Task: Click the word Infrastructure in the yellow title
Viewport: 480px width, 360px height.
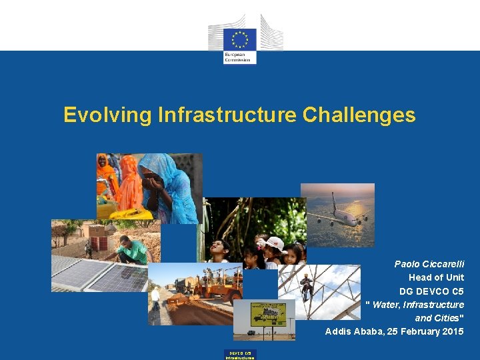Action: pyautogui.click(x=227, y=115)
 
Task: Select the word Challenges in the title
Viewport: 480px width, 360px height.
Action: pyautogui.click(x=359, y=115)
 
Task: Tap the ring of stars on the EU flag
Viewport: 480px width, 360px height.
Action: pyautogui.click(x=240, y=37)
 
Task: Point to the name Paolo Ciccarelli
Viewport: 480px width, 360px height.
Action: pyautogui.click(x=429, y=264)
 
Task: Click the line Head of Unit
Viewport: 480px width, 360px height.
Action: pyautogui.click(x=436, y=277)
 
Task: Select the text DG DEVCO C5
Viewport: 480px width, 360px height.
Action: pyautogui.click(x=431, y=291)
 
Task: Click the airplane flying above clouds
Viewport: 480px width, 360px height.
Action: pyautogui.click(x=340, y=212)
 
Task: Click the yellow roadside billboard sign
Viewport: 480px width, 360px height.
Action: pyautogui.click(x=268, y=313)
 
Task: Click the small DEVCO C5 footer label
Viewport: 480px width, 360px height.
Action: pyautogui.click(x=240, y=354)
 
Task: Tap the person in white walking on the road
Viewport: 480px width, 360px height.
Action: pyautogui.click(x=155, y=298)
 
